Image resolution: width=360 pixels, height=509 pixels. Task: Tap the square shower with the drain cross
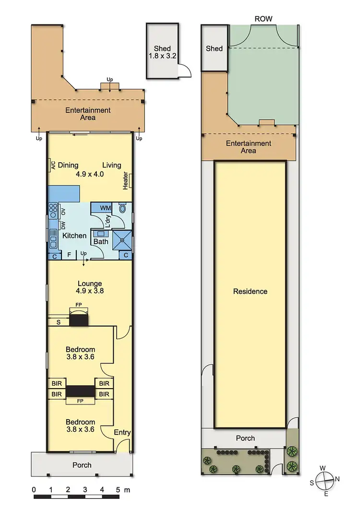click(122, 239)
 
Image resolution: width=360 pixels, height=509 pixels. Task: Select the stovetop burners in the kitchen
click(53, 209)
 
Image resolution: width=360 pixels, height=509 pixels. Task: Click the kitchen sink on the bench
click(53, 236)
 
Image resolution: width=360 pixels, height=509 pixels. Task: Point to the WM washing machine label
click(105, 208)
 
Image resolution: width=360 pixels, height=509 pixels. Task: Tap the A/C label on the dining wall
click(53, 166)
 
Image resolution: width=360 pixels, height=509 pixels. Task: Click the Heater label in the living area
click(126, 181)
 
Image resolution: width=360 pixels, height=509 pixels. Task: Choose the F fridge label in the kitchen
click(69, 255)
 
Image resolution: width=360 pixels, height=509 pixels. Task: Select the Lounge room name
click(89, 284)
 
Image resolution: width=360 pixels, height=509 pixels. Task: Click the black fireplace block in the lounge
click(78, 320)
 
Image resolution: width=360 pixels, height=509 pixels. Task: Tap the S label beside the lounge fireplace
click(59, 322)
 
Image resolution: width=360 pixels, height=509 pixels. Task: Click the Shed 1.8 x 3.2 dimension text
click(163, 57)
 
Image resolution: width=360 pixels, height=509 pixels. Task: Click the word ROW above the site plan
click(264, 19)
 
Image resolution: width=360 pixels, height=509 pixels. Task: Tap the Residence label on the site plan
click(250, 291)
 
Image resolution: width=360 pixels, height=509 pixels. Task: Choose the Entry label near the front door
click(122, 432)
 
